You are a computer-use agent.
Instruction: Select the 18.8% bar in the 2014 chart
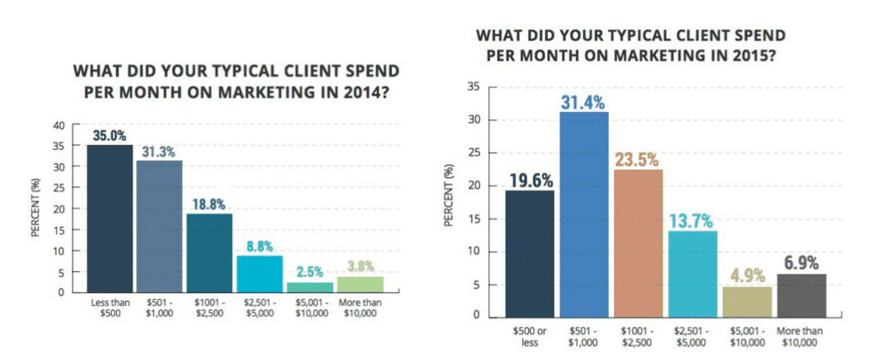tap(209, 252)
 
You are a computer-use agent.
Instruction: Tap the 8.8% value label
tap(260, 245)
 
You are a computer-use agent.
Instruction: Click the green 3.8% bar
tap(360, 284)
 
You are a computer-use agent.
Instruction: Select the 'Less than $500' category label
tap(110, 308)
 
